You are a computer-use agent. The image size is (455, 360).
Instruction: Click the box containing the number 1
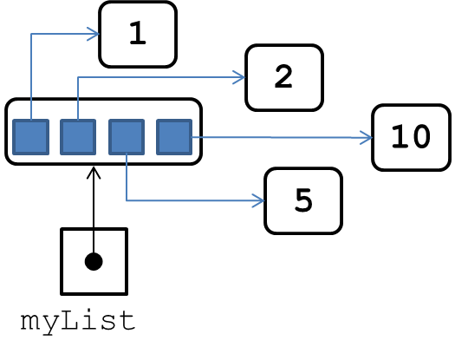138,35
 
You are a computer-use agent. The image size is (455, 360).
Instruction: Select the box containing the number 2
284,77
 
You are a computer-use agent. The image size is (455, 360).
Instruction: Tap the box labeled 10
411,137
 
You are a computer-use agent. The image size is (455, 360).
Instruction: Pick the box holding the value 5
303,200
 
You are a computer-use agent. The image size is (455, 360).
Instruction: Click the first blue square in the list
30,137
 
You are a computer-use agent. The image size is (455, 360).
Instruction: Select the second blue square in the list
78,137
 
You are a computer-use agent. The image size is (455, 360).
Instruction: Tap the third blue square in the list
127,137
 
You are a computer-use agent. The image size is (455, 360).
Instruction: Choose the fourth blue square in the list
174,137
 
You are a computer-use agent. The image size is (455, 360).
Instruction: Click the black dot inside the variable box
94,261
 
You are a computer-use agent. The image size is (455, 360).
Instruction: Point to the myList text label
78,321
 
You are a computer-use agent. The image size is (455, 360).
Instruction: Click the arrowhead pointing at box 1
94,34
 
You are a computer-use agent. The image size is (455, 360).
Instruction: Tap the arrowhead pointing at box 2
239,77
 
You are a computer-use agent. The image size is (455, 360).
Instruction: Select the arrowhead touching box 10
366,137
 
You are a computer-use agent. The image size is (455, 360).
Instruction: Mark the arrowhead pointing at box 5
258,200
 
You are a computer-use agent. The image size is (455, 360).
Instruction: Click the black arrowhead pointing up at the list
94,173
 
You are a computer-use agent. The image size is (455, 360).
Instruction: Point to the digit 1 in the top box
138,33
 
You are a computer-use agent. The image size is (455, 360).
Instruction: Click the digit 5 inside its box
303,200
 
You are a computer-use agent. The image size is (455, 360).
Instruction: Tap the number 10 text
411,136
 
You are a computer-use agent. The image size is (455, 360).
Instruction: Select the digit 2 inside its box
283,76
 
